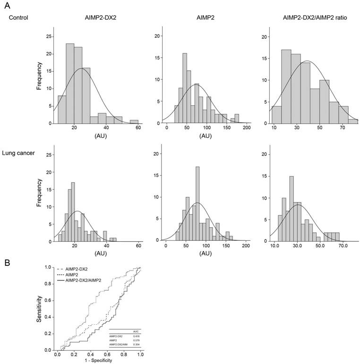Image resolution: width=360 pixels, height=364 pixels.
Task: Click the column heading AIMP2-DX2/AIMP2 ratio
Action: coord(313,18)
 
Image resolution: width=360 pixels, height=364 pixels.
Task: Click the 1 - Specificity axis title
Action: coord(99,361)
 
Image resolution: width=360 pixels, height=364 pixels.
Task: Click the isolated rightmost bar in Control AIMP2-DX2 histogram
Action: coord(134,122)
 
